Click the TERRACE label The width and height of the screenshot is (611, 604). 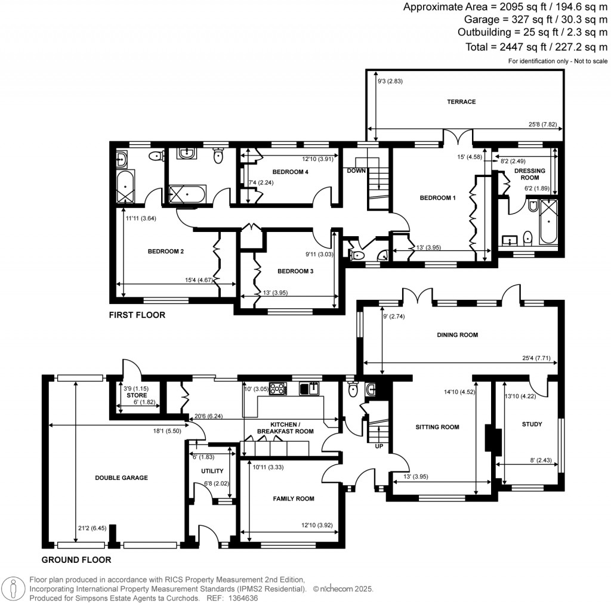coord(461,102)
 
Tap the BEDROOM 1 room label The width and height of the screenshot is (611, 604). coord(437,197)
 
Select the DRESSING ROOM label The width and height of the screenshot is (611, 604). coord(530,174)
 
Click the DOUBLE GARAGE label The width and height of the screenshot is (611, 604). coord(121,478)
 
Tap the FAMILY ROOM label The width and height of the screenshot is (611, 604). coord(293,498)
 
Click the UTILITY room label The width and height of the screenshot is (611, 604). coord(212,471)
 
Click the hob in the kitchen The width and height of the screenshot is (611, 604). coord(277,388)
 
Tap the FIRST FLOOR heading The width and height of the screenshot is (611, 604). coord(137,315)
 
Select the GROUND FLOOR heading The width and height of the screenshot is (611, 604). coord(76,560)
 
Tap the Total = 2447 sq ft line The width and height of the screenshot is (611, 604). coord(536,47)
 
